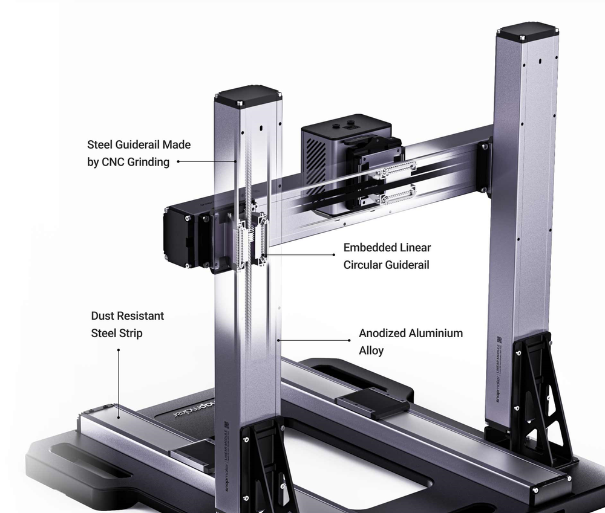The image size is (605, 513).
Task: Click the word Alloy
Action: [371, 350]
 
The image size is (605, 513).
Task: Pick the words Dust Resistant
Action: [127, 316]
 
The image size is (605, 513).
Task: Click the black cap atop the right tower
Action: [527, 31]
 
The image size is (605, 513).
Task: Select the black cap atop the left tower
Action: [247, 95]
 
